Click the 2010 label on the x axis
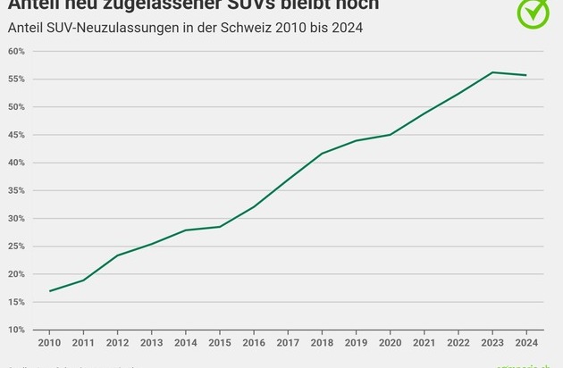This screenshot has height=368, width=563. pyautogui.click(x=50, y=341)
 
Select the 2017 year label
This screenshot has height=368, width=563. pyautogui.click(x=287, y=341)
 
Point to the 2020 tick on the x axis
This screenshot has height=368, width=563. pyautogui.click(x=389, y=341)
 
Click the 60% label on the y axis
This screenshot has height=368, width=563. pyautogui.click(x=16, y=51)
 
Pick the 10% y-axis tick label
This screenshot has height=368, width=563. pyautogui.click(x=16, y=330)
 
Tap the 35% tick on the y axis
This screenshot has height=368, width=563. pyautogui.click(x=16, y=190)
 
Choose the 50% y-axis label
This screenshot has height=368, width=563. pyautogui.click(x=16, y=107)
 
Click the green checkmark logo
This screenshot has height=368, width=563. pyautogui.click(x=534, y=12)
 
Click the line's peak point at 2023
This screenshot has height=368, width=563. pyautogui.click(x=491, y=72)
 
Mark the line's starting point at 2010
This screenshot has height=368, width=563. pyautogui.click(x=51, y=290)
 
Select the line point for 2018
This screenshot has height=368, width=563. pyautogui.click(x=321, y=154)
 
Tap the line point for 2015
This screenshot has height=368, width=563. pyautogui.click(x=220, y=227)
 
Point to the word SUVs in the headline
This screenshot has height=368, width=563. pyautogui.click(x=250, y=4)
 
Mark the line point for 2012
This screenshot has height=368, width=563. pyautogui.click(x=118, y=255)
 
